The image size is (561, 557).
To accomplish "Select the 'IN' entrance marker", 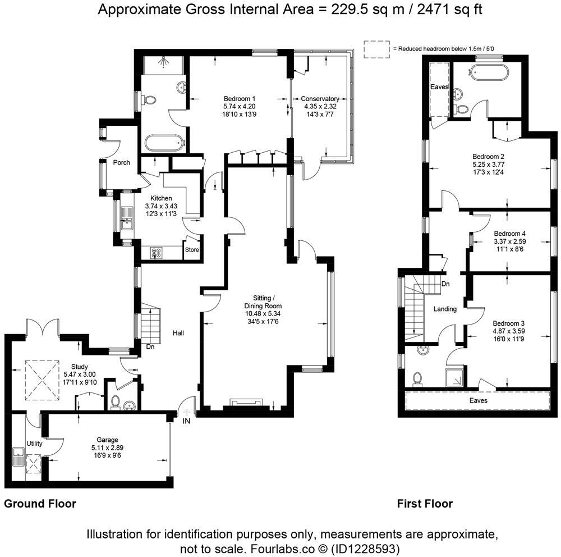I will pos(186,421).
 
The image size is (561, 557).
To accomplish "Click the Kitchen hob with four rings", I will pos(157,253).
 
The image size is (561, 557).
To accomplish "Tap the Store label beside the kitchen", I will pos(192,250).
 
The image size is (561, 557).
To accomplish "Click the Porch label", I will pos(122,163).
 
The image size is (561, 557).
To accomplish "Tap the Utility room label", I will pos(35,444).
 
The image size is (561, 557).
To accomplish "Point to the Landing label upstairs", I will pos(445,309).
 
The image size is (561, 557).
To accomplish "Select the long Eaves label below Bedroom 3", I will pos(479,400).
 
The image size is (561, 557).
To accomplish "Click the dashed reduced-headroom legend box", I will pos(376,49).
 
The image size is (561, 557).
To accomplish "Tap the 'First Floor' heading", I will pos(425,504).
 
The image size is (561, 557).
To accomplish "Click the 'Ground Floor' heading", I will pos(40,504).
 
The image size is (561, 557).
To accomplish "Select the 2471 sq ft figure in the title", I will pos(443,10).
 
